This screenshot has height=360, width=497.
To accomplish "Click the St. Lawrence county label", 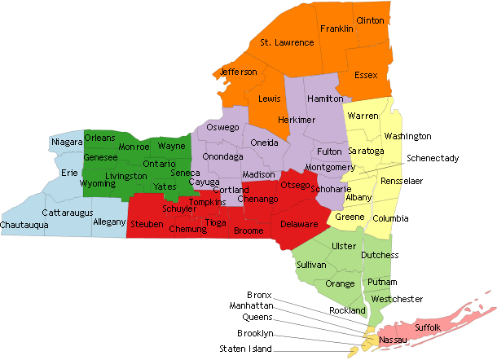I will click(x=287, y=42).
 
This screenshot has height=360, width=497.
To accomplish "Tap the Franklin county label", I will click(x=336, y=29).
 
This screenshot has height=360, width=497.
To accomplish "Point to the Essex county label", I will click(x=367, y=75).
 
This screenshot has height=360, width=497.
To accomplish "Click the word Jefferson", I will click(x=239, y=72).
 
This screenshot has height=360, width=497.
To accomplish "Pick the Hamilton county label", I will click(x=326, y=98).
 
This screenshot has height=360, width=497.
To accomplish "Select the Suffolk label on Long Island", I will click(x=428, y=327).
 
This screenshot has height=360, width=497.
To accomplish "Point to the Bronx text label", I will click(x=259, y=294).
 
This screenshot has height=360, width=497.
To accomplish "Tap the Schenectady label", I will click(x=433, y=157).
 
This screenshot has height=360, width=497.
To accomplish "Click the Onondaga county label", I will click(x=223, y=156).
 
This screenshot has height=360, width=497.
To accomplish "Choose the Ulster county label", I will click(x=345, y=245).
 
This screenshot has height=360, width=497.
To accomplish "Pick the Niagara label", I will click(x=67, y=143).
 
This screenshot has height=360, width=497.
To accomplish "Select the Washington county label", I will click(x=407, y=136).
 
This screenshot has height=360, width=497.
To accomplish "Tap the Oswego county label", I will click(x=222, y=128).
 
